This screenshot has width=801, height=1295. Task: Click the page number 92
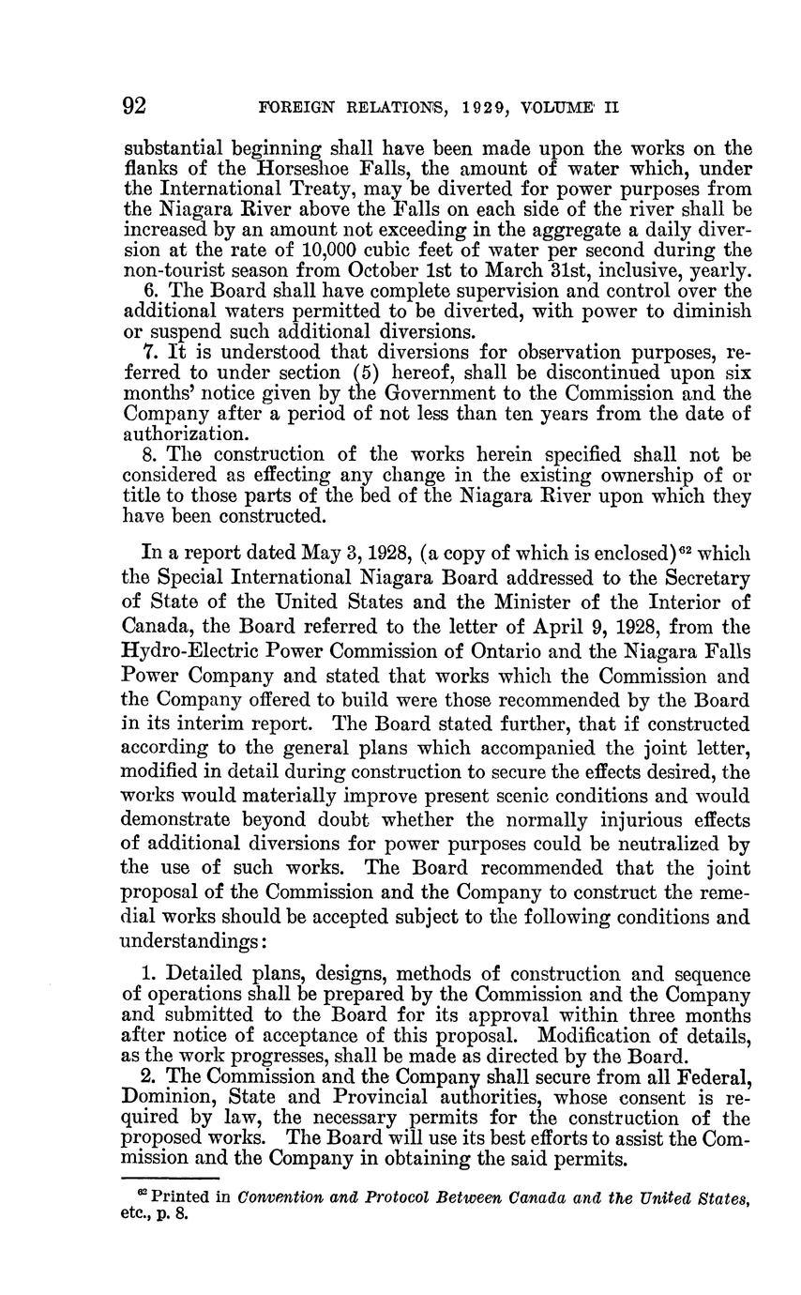[x=135, y=106]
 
